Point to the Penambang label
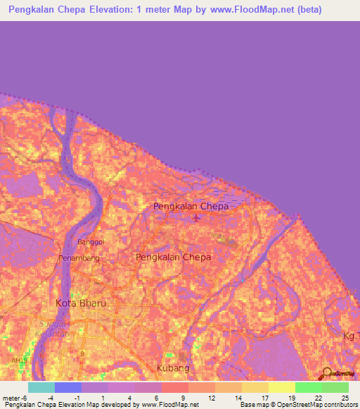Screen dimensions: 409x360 point(79,258)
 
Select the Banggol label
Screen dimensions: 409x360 point(89,242)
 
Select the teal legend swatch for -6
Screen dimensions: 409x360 point(41,387)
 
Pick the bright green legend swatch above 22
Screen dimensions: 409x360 point(309,387)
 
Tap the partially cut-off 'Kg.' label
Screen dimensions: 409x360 point(350,337)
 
